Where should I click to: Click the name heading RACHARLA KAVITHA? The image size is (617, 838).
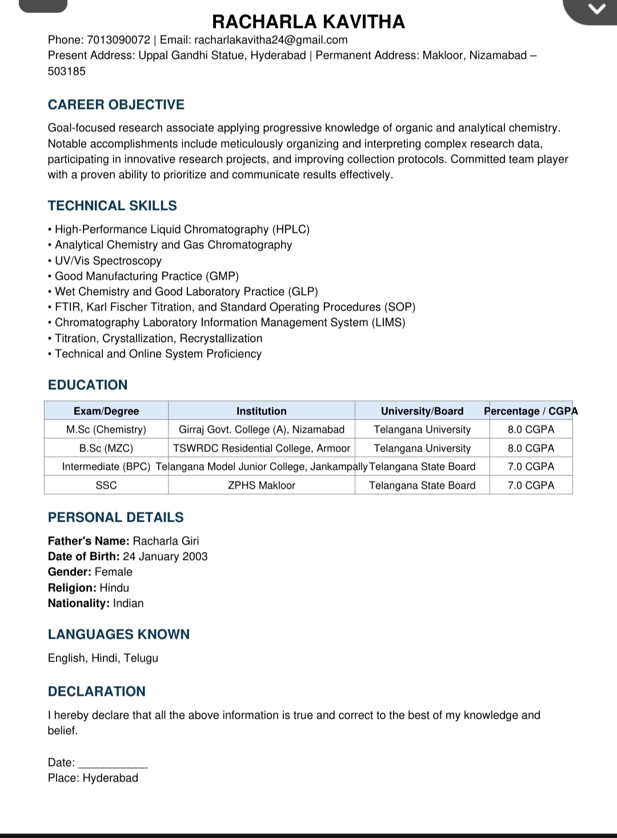[x=308, y=22]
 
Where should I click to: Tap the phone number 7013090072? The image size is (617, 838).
[x=118, y=40]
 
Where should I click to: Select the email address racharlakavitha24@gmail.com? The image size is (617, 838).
[x=271, y=40]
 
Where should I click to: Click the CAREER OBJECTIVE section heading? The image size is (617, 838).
[x=116, y=104]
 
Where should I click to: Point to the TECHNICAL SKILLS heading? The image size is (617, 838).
[x=113, y=206]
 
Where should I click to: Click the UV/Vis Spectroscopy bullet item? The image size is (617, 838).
[x=108, y=261]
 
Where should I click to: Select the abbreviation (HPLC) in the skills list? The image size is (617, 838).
[x=291, y=229]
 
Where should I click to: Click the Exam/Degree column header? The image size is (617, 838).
[x=106, y=411]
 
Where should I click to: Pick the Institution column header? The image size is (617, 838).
[x=262, y=411]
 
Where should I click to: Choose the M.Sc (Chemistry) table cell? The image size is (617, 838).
[x=106, y=429]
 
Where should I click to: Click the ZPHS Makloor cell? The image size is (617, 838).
[x=262, y=485]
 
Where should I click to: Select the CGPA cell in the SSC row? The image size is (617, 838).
[x=531, y=485]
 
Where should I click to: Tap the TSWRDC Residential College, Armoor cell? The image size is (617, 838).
[x=262, y=448]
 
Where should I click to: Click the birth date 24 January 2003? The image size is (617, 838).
[x=165, y=557]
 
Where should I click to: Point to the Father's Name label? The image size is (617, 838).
[x=89, y=541]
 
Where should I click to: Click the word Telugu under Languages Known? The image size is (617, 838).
[x=141, y=658]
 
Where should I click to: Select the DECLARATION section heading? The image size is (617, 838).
[x=97, y=691]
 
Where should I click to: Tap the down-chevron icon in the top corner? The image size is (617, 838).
[x=596, y=9]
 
